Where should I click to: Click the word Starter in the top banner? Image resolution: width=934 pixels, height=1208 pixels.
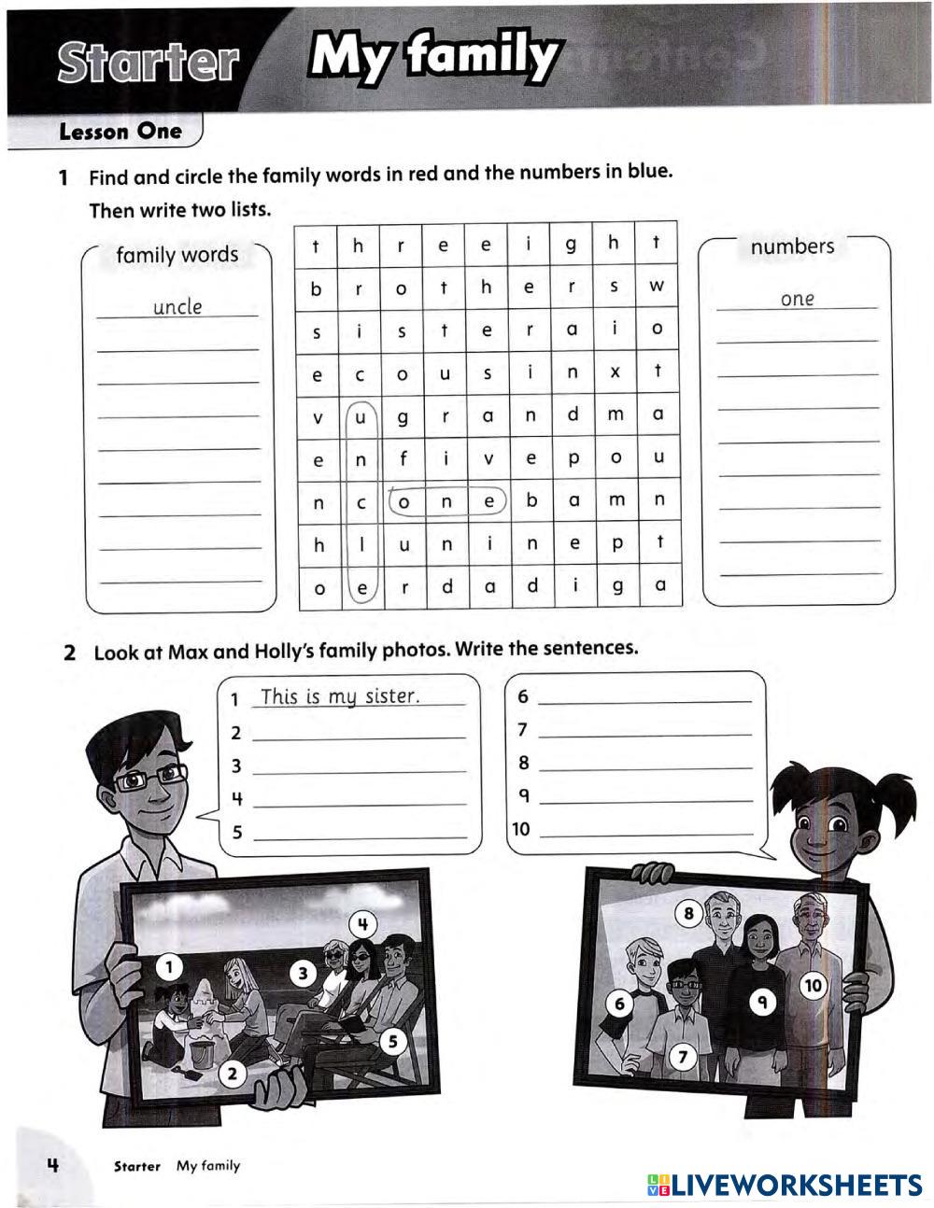tap(148, 62)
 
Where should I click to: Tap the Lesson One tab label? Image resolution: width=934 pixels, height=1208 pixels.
tap(120, 132)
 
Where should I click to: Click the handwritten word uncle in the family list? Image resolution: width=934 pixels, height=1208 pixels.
tap(177, 307)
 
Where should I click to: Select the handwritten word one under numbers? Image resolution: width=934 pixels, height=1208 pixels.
tap(797, 300)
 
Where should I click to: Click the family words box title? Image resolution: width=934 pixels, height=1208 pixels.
tap(177, 255)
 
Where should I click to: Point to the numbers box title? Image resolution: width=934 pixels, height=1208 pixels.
tap(792, 246)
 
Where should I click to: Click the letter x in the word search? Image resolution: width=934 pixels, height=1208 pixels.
tap(615, 372)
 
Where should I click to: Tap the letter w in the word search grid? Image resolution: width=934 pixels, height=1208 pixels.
tap(657, 287)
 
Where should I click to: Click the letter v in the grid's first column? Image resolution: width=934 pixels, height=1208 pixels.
tap(318, 417)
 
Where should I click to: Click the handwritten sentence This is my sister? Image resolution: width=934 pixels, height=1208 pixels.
tap(340, 696)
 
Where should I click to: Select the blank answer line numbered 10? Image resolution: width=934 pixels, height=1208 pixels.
tap(646, 829)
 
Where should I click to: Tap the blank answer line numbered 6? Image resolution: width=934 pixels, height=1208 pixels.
tap(644, 696)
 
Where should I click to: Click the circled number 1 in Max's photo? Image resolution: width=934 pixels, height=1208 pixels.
tap(169, 967)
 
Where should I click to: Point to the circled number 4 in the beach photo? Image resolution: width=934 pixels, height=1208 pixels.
tap(363, 925)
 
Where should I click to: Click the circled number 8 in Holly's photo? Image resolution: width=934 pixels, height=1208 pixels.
tap(689, 913)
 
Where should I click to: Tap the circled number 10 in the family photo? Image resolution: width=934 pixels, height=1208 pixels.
tap(814, 985)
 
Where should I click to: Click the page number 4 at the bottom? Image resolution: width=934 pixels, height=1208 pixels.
tap(53, 1164)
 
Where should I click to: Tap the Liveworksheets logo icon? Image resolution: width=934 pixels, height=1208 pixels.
tap(658, 1185)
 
